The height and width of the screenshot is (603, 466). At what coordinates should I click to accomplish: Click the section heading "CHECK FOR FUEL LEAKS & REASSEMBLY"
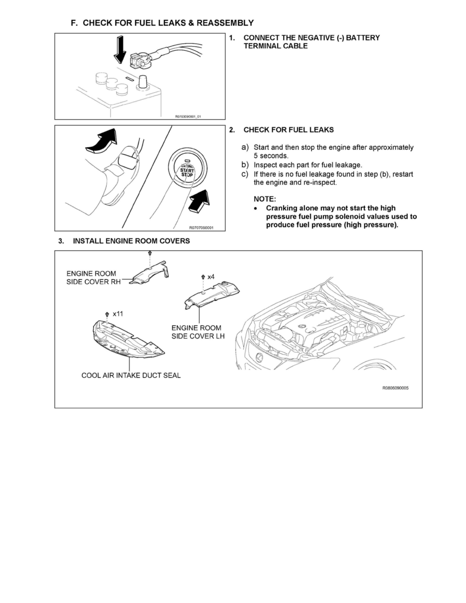168,23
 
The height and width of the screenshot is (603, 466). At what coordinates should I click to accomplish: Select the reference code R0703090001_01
188,116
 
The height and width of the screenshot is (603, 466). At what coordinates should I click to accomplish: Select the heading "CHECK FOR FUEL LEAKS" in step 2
288,130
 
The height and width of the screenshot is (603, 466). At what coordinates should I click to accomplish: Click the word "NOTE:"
264,199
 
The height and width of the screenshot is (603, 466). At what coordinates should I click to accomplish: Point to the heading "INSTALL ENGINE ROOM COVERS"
131,241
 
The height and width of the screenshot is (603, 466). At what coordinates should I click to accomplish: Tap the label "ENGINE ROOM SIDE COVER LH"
196,332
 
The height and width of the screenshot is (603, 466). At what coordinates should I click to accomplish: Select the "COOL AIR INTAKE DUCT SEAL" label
131,376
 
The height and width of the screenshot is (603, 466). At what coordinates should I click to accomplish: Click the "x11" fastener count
118,314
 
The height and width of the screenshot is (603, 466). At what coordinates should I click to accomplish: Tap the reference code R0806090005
395,388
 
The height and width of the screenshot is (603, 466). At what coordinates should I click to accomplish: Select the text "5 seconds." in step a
271,156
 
